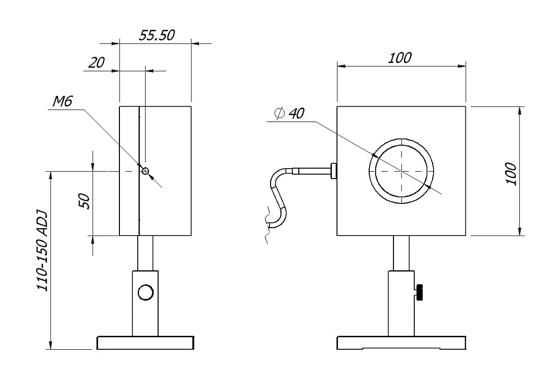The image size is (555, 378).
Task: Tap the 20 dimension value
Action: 97,63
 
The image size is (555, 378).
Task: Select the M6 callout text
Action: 62,102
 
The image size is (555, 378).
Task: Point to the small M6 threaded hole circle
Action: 145,171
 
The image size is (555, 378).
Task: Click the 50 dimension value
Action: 84,201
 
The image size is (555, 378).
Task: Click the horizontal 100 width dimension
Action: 399,58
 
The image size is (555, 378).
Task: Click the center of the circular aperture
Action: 401,171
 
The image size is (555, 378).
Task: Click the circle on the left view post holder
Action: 145,293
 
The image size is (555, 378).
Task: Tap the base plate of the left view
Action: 145,343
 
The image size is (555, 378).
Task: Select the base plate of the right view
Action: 401,343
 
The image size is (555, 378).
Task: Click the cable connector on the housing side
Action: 333,171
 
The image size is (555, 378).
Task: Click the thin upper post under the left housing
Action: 145,252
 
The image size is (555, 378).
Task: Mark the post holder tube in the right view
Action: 401,303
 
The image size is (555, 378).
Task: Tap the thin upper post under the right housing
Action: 401,252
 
